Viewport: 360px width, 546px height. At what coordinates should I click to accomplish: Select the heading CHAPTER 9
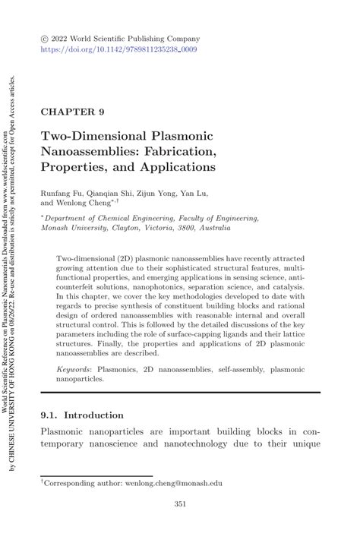coord(72,112)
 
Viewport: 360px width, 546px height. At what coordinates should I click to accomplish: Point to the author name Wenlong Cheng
coord(82,204)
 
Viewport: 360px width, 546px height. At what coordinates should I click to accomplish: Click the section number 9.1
coord(49,415)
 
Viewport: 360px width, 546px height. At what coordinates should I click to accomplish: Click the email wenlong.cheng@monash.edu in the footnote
coord(168,482)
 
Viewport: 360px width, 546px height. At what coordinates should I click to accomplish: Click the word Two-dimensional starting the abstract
coord(90,258)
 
